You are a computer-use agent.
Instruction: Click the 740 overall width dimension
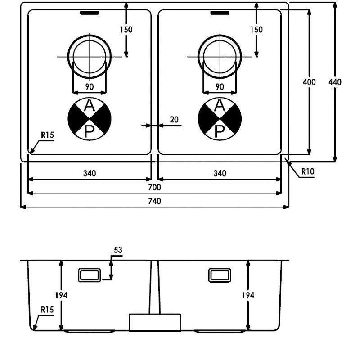(154, 201)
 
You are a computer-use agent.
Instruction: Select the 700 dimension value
(154, 187)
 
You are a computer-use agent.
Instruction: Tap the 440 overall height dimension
(335, 82)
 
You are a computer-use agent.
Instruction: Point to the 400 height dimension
(309, 82)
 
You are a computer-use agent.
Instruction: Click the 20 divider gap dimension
(174, 120)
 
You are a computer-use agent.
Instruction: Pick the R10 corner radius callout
(308, 171)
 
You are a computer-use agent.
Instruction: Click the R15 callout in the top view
(47, 135)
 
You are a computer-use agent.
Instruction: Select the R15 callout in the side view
(47, 310)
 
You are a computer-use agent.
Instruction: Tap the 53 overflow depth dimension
(118, 250)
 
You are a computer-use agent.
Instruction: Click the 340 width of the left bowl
(90, 173)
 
